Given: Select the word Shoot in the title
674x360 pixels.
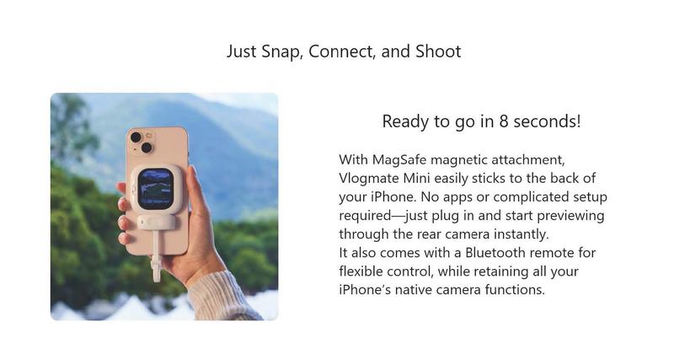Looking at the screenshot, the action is (x=438, y=51).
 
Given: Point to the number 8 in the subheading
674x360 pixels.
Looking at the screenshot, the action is (x=503, y=121).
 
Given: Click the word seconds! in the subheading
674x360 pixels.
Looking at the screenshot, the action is (x=547, y=121).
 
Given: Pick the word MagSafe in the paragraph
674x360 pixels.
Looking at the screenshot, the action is (x=399, y=160).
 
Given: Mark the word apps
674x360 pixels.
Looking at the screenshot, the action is (x=457, y=198).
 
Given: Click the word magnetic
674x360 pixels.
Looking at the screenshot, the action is (x=459, y=160).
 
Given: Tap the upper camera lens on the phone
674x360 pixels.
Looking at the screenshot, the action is (x=136, y=137).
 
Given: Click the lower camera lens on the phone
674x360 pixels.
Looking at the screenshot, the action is (x=147, y=148).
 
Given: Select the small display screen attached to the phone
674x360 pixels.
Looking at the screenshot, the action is (x=155, y=188).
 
